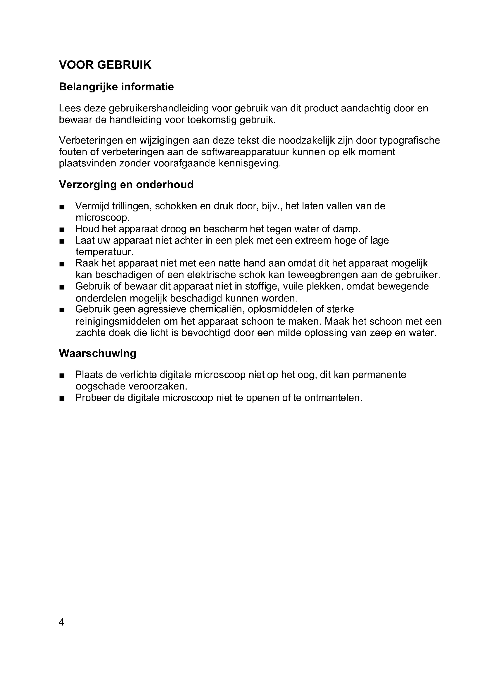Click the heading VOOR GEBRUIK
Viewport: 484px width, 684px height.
(x=105, y=65)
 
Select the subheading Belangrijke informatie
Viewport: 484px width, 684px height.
(x=116, y=87)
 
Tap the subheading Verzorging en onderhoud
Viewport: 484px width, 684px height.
(x=126, y=185)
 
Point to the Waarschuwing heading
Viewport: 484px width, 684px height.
(x=97, y=353)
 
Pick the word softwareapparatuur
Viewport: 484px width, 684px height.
(x=245, y=152)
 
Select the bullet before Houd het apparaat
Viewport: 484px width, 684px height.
(x=62, y=230)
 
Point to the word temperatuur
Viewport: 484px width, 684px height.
(x=104, y=252)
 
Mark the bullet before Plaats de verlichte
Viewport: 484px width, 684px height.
(x=62, y=376)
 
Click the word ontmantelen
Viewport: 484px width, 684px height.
(x=333, y=398)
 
